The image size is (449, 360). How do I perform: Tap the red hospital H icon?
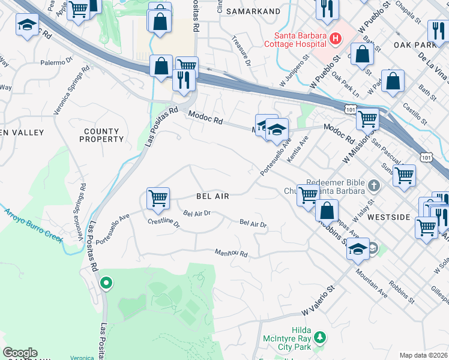coord(336,39)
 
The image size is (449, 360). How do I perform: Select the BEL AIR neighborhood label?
coord(212,196)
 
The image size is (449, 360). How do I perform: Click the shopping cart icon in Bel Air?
coord(158,197)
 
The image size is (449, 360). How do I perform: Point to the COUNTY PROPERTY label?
coord(101,135)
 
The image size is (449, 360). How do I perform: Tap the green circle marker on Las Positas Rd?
coord(106,281)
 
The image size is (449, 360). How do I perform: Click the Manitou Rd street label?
coord(232,254)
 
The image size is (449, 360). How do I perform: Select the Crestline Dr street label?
coord(164,223)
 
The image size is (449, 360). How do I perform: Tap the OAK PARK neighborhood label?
coord(415,45)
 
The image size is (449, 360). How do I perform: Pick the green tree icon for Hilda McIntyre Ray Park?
coord(320,338)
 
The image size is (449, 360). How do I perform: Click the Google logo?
coord(20,353)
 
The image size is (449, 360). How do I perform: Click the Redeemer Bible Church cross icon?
coord(375,185)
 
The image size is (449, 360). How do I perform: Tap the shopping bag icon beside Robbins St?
coord(327,211)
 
